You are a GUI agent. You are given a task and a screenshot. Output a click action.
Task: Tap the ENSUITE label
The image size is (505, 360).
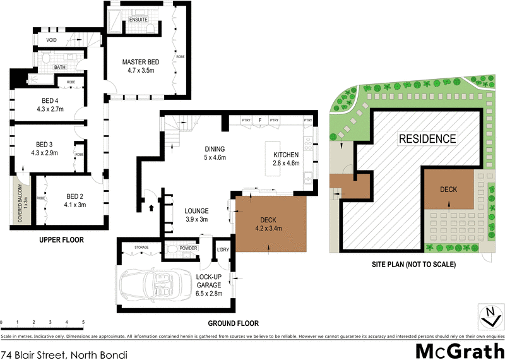click(x=138, y=20)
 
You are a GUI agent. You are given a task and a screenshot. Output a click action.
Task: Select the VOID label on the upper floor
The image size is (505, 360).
click(x=52, y=40)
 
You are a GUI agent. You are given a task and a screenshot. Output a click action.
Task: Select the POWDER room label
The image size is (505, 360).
click(x=187, y=248)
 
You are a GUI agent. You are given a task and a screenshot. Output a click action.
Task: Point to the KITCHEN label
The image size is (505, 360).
click(x=285, y=155)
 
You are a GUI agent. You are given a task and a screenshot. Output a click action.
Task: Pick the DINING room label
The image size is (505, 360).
click(x=215, y=149)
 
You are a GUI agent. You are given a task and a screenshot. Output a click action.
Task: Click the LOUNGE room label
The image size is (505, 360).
click(x=196, y=211)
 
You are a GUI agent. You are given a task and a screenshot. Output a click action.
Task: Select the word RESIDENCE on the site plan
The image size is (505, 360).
click(x=426, y=138)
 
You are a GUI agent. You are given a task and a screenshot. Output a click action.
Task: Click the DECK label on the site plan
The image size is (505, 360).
click(x=448, y=189)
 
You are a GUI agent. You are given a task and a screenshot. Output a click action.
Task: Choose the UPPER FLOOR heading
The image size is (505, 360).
click(x=61, y=240)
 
